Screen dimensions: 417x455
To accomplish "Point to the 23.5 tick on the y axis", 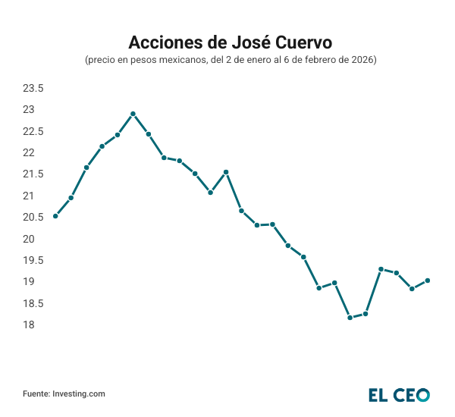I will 33,89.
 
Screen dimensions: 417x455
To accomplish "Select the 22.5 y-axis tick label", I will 33,131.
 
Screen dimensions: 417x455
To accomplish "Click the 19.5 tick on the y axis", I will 33,260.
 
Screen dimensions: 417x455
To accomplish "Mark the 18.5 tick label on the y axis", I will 33,303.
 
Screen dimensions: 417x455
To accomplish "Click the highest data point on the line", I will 133,114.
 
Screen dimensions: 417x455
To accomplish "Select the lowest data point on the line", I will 350,318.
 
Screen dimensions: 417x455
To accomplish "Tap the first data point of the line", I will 55,216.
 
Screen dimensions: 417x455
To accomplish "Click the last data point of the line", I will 428,281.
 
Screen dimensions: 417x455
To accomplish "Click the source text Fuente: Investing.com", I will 64,394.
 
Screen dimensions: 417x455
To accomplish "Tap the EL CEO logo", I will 399,394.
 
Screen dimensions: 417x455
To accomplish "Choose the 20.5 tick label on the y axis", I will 33,218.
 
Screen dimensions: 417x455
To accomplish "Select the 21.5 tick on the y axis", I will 33,174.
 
